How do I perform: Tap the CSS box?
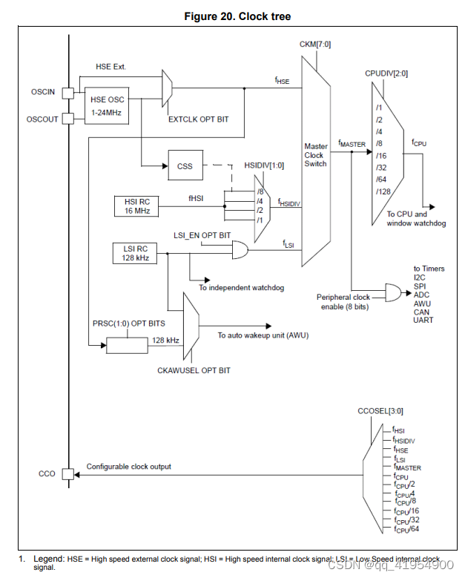coord(185,166)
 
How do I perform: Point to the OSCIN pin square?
coord(68,93)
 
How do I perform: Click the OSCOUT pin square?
coord(68,119)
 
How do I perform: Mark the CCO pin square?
coord(68,474)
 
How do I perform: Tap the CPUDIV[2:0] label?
coord(385,74)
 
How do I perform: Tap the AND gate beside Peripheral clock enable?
coord(392,294)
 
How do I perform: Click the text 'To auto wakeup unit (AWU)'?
coord(263,335)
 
